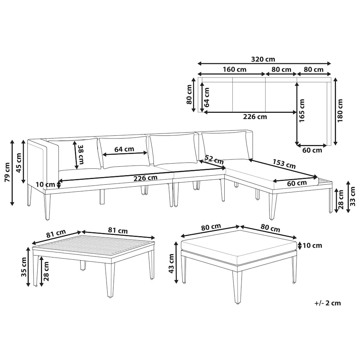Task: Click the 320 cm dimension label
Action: pos(263,59)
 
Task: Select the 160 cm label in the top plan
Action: pos(234,69)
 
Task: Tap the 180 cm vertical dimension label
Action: pos(340,110)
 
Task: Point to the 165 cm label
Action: pos(302,110)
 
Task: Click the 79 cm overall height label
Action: pos(7,172)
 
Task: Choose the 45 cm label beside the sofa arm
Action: pos(19,163)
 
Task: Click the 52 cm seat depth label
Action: pos(214,160)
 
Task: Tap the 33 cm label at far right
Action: pos(353,196)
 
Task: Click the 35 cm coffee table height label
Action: pos(24,267)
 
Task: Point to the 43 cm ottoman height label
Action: pos(171,263)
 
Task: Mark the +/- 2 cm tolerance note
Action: pos(328,303)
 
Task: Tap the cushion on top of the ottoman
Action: pos(239,244)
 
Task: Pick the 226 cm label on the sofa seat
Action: pos(145,178)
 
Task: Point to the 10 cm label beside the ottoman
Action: pos(312,245)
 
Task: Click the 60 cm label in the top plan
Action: pos(312,150)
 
